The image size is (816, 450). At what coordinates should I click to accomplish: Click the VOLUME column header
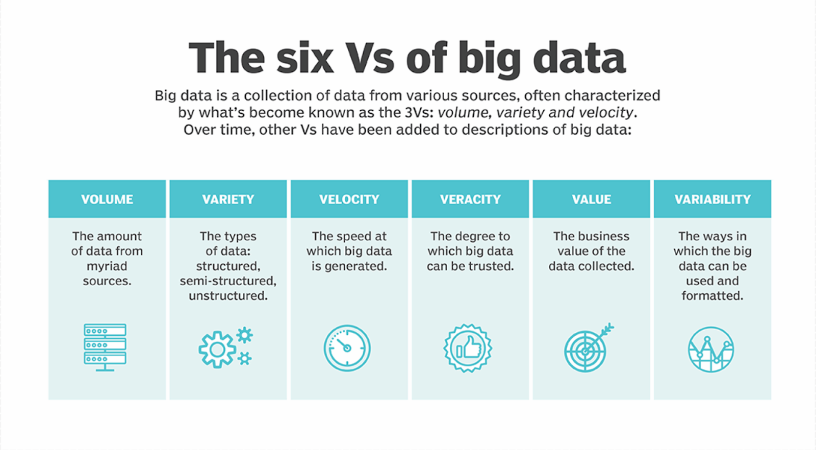[107, 199]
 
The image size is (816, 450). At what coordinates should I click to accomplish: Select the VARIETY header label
[228, 199]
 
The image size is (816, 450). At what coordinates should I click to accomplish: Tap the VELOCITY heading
[349, 199]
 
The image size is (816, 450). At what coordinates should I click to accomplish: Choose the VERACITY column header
[470, 199]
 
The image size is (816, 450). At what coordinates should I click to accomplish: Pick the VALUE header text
[592, 199]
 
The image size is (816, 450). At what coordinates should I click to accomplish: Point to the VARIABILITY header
[712, 199]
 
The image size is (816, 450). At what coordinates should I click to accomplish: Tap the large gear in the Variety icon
[217, 349]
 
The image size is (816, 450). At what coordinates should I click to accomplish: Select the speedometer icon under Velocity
[347, 348]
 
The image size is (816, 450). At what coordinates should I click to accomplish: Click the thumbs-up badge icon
[468, 348]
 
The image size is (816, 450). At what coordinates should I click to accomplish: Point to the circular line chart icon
[711, 349]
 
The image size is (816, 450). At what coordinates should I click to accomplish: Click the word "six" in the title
[304, 58]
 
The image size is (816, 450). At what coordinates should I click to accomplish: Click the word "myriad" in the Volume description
[107, 266]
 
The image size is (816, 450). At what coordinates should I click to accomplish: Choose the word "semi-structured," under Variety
[228, 281]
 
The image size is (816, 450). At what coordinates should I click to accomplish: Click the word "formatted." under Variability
[712, 296]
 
